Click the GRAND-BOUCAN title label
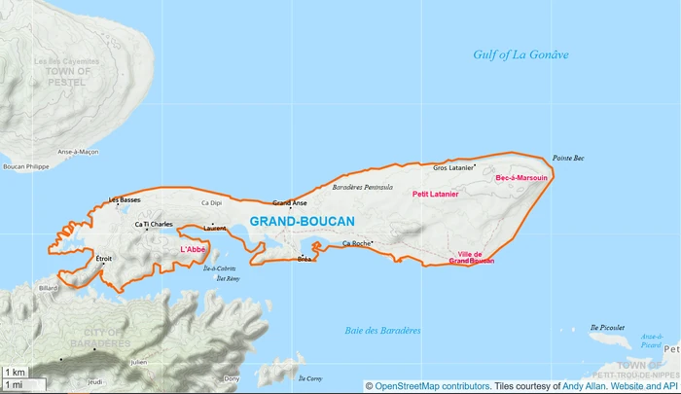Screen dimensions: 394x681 click(302, 222)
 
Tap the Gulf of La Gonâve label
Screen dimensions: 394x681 click(520, 54)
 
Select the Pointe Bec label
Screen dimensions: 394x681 click(568, 158)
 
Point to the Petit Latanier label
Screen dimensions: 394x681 click(436, 194)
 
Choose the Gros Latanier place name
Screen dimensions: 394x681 click(452, 167)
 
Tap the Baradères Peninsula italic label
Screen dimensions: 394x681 click(362, 187)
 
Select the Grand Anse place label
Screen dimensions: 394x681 click(290, 203)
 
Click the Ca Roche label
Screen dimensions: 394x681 click(356, 243)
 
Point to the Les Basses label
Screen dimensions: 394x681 click(125, 199)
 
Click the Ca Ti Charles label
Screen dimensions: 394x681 click(154, 224)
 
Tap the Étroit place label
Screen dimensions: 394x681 click(104, 258)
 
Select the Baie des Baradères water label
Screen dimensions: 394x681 click(382, 331)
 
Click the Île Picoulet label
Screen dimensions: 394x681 click(605, 328)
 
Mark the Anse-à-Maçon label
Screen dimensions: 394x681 click(78, 152)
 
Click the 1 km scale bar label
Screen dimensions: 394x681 click(15, 373)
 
